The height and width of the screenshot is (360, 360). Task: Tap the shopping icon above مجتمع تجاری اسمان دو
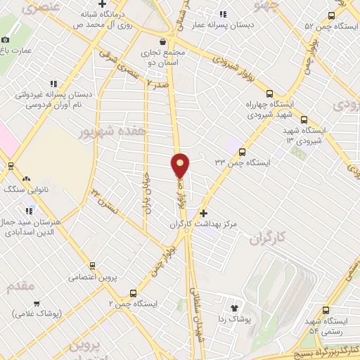point(164,41)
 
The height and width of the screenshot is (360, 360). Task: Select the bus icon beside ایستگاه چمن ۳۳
point(243,151)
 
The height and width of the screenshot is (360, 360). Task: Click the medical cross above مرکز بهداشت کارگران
point(204,212)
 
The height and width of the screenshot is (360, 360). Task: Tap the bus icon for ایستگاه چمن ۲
point(134,293)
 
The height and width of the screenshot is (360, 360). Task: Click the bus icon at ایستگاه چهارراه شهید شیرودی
point(270,94)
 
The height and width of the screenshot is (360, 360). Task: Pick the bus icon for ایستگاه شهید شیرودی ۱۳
point(304,120)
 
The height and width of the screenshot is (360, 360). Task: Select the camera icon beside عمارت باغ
point(6,40)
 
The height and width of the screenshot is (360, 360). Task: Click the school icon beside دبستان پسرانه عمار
point(223,14)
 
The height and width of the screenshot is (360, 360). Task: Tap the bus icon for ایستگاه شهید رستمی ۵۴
point(326,309)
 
